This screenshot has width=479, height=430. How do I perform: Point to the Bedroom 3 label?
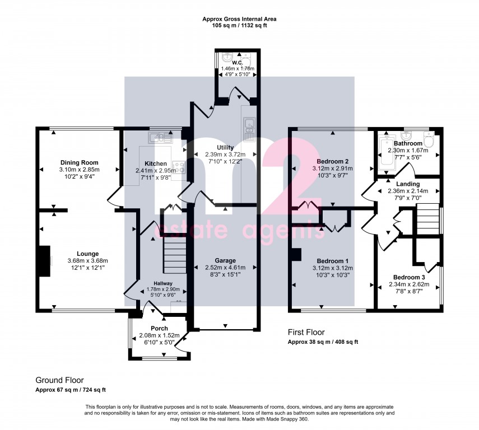click(x=408, y=277)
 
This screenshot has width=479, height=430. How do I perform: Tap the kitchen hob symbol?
click(x=180, y=166)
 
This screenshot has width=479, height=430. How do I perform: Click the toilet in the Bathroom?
click(x=429, y=141)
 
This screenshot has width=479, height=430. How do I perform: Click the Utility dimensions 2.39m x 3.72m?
click(x=221, y=154)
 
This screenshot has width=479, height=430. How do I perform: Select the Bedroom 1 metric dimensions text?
click(x=332, y=268)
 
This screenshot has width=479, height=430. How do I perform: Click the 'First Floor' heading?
click(x=306, y=333)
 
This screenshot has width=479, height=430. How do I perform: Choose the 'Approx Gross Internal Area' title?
click(x=239, y=19)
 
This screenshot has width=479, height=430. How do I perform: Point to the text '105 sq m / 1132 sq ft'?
click(x=239, y=26)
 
